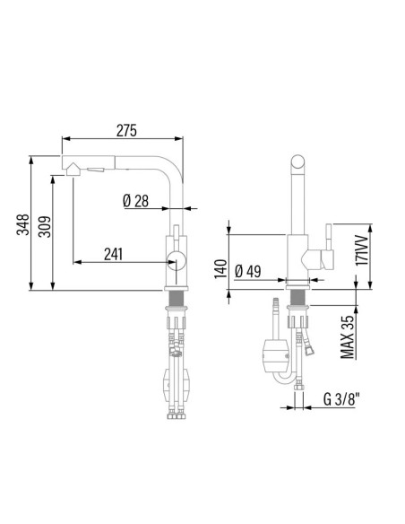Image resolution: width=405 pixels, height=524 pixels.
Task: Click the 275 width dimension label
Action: [x=126, y=131]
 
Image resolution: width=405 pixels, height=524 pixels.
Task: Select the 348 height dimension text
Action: [x=23, y=224]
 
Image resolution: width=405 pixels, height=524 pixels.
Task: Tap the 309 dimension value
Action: [x=45, y=227]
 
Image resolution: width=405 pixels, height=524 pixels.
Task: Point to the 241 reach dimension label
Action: [x=113, y=254]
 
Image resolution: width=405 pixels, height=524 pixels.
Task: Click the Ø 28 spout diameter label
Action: [x=136, y=201]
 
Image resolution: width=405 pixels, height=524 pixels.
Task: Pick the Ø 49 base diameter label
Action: [x=248, y=271]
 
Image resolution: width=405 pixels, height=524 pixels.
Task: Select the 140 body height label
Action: [x=220, y=268]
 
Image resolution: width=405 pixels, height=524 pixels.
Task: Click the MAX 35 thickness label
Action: [x=347, y=336]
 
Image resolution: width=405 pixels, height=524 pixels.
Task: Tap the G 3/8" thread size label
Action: [x=341, y=399]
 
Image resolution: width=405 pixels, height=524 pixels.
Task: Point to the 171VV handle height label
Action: [x=362, y=250]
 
